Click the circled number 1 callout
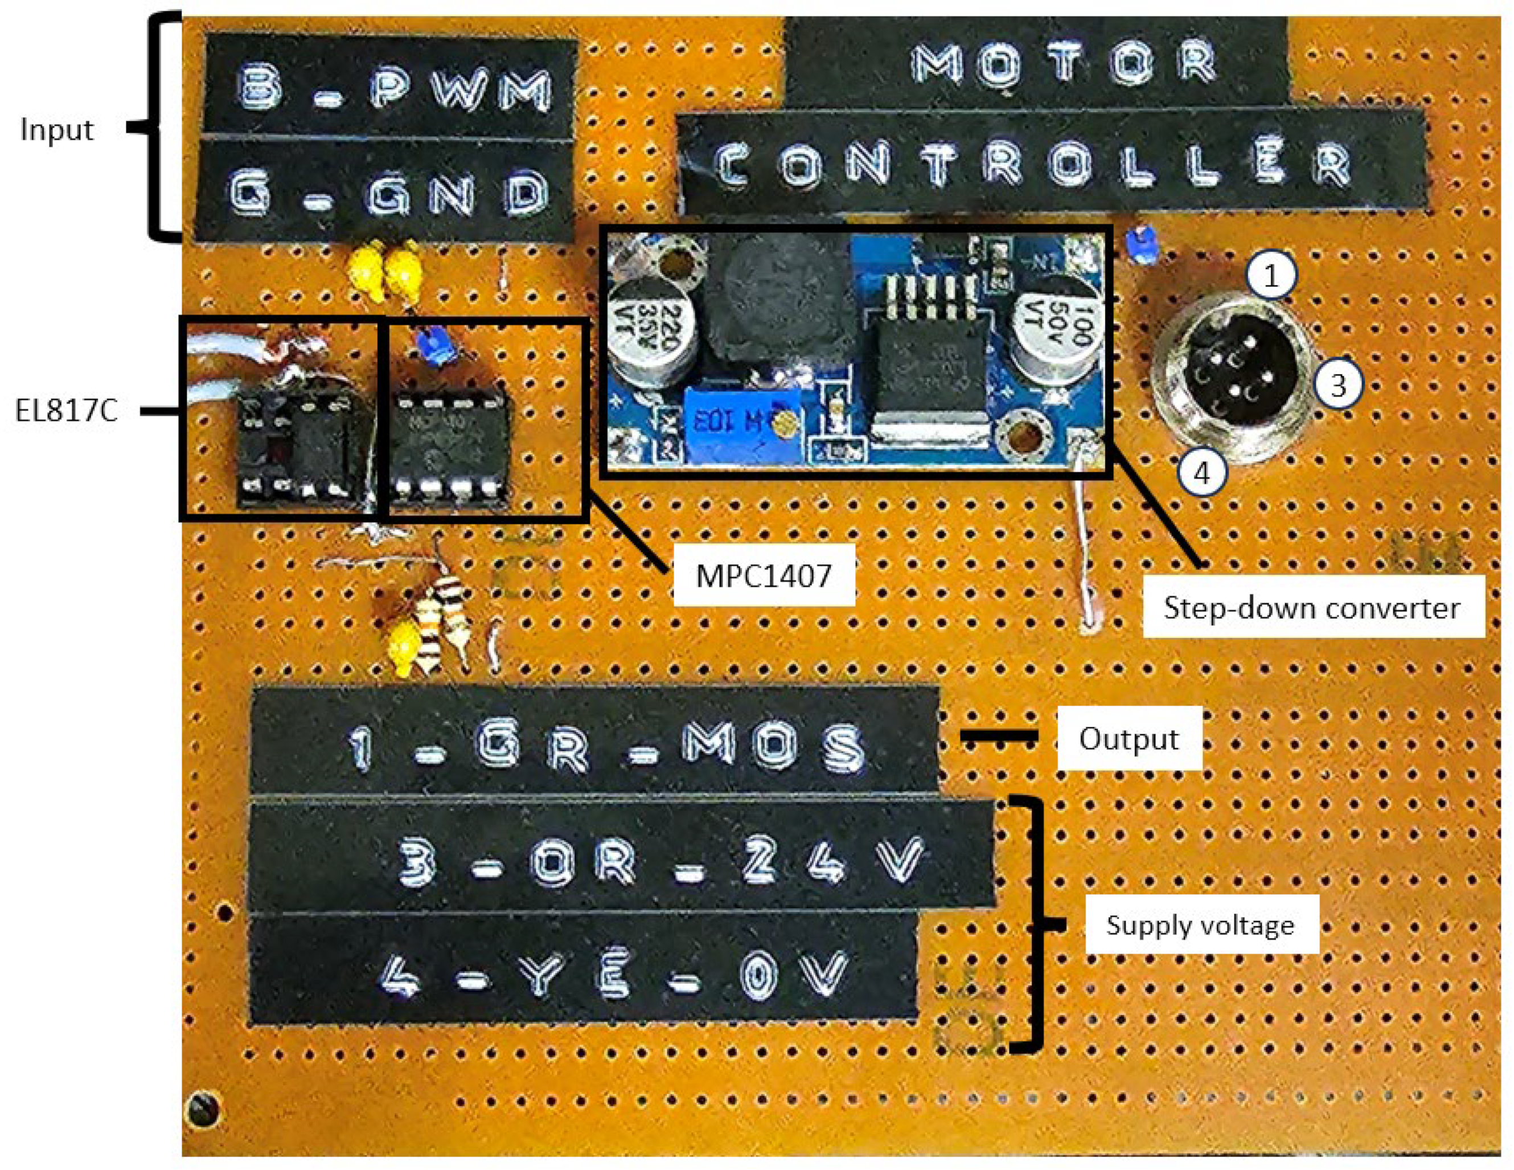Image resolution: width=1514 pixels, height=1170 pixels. (x=1271, y=277)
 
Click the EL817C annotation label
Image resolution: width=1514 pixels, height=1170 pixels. (x=67, y=411)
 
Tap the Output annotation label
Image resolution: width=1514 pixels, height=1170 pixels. (x=1129, y=739)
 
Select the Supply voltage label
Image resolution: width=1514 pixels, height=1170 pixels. (x=1200, y=925)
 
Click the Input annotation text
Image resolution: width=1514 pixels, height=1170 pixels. (x=57, y=130)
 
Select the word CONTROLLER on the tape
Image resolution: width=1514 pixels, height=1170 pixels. (x=1033, y=165)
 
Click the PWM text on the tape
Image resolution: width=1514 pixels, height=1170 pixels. (x=460, y=90)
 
